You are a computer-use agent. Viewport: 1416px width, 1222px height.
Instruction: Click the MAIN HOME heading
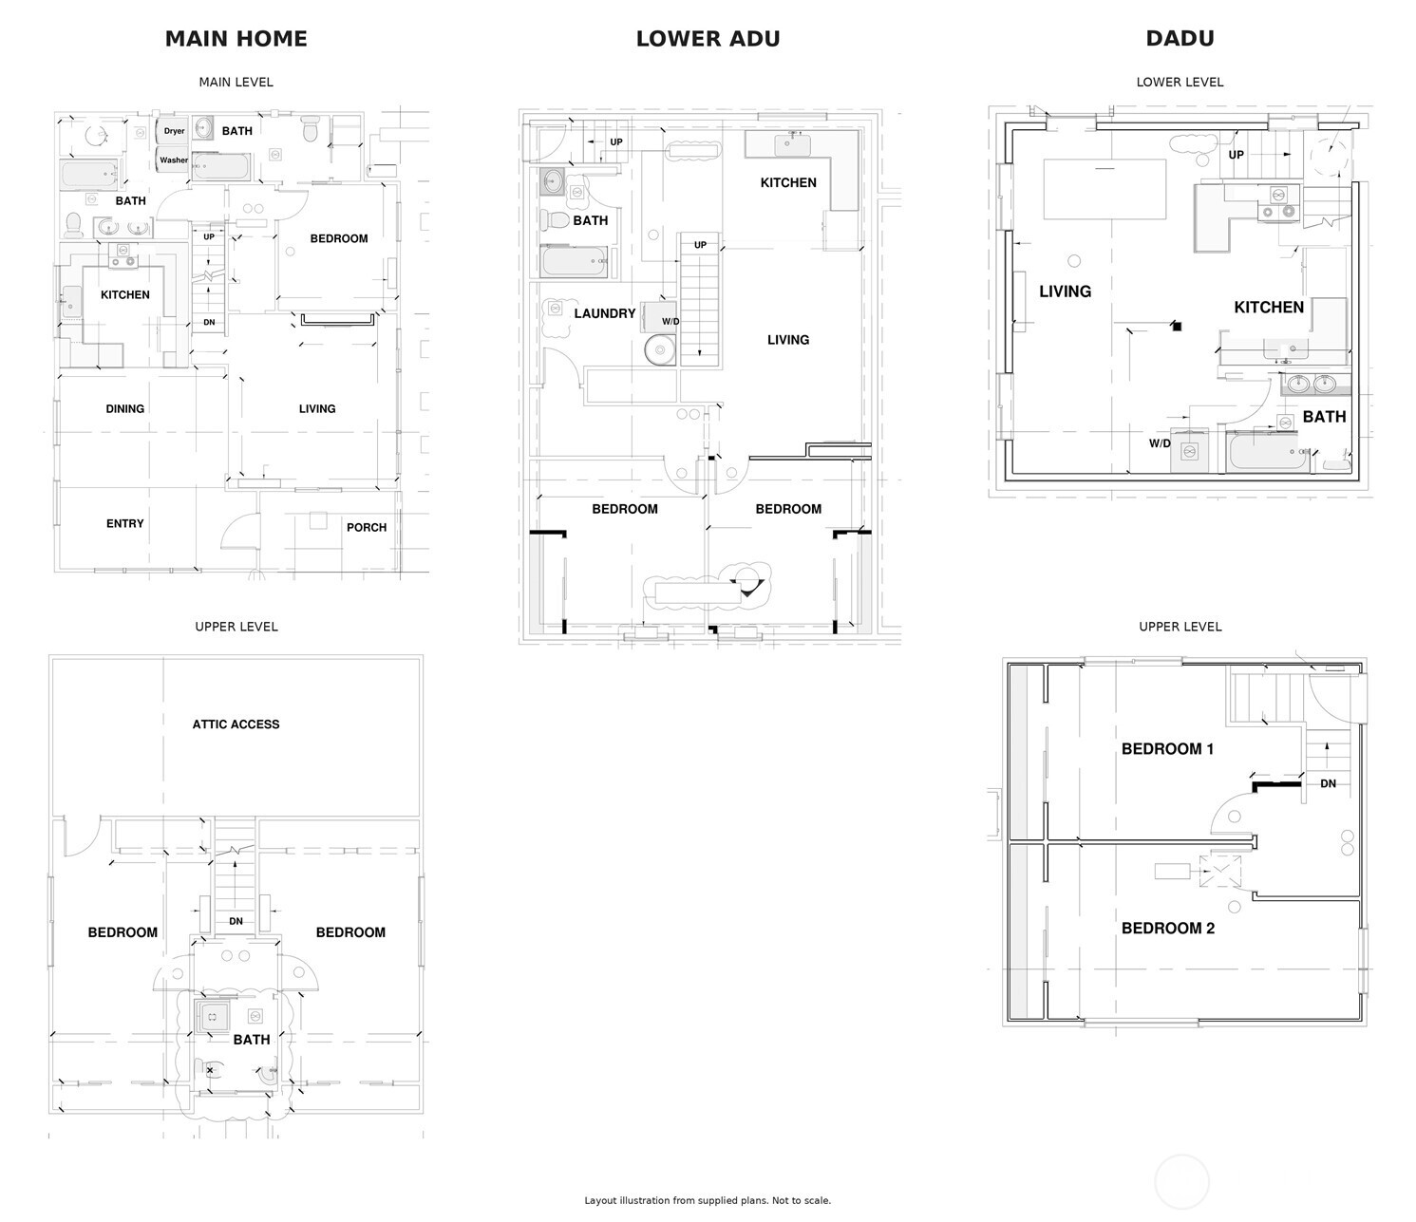point(236,38)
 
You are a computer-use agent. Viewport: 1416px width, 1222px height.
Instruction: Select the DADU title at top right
point(1180,38)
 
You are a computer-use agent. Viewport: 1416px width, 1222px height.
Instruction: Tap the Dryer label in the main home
point(174,131)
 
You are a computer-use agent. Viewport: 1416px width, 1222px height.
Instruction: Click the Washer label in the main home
point(173,160)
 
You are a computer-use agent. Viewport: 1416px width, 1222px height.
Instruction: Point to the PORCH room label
point(367,527)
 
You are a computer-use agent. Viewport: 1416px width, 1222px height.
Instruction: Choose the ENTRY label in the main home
point(124,523)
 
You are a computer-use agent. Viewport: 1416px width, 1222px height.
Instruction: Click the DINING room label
point(124,409)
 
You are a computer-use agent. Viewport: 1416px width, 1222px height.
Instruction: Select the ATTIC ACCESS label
point(236,724)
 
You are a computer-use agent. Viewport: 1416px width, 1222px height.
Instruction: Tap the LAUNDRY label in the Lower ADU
point(605,313)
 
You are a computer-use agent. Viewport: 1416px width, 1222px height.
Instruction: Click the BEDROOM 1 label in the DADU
point(1167,749)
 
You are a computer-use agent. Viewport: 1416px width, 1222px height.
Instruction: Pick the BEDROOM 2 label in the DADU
point(1168,929)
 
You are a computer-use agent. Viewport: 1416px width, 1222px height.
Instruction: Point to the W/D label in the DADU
point(1159,443)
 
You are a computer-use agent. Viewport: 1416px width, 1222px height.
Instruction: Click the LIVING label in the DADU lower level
point(1066,291)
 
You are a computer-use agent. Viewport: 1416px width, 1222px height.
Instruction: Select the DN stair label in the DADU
point(1328,783)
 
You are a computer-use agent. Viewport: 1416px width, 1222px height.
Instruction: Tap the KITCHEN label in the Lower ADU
point(788,183)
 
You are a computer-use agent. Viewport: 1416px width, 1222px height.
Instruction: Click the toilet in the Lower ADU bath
point(556,220)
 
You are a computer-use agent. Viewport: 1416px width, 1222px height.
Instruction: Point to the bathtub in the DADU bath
point(1268,451)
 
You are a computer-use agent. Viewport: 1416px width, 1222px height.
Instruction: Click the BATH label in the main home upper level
point(252,1040)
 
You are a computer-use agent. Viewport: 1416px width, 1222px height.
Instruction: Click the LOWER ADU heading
point(708,38)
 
